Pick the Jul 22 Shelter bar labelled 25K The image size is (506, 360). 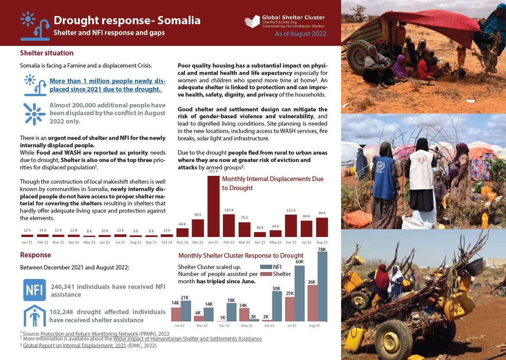(290, 309)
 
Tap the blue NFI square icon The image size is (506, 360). (34, 290)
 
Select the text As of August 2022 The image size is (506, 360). (300, 33)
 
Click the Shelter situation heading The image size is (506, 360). (47, 53)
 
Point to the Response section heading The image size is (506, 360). (35, 255)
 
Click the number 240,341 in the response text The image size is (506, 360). (64, 286)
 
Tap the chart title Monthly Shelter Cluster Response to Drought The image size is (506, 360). (241, 256)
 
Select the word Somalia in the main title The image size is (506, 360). (179, 20)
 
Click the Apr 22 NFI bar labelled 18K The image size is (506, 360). (232, 312)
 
